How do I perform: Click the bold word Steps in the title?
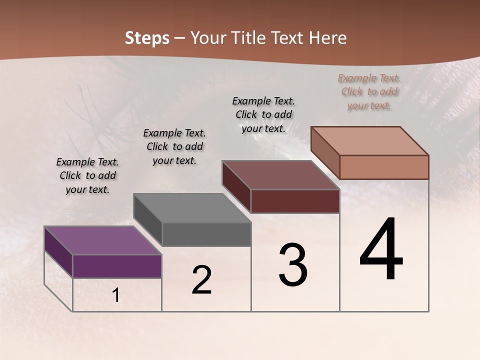[x=147, y=38]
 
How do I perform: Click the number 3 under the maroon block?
[x=293, y=265]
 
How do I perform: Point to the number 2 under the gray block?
[x=202, y=280]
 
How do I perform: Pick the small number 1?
[x=115, y=295]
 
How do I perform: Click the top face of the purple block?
[x=102, y=240]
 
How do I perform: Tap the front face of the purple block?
[x=117, y=266]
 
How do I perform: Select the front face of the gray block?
[x=206, y=234]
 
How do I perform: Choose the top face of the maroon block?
[x=280, y=175]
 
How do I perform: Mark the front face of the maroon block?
[x=295, y=201]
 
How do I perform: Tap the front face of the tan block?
[x=384, y=167]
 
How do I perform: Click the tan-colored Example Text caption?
[x=369, y=92]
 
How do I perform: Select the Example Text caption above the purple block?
[x=87, y=175]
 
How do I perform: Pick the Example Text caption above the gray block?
[x=174, y=146]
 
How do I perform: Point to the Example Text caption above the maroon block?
[x=263, y=114]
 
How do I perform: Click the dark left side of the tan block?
[x=325, y=152]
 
